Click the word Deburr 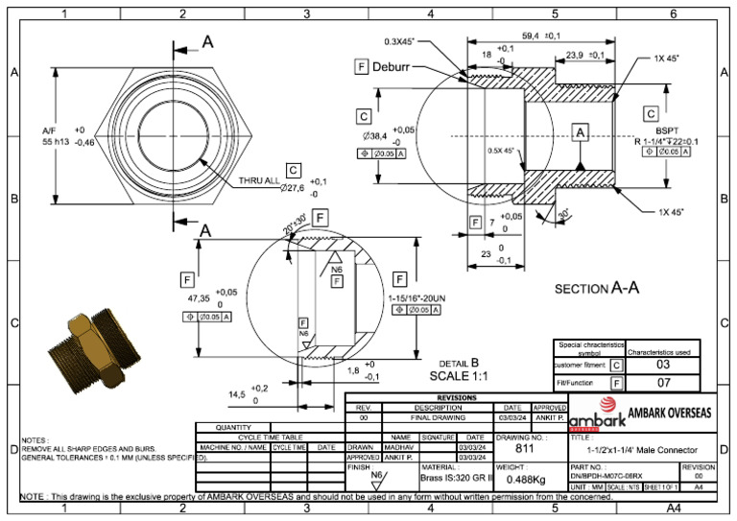coord(394,67)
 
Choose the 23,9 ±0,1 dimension coord(585,56)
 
